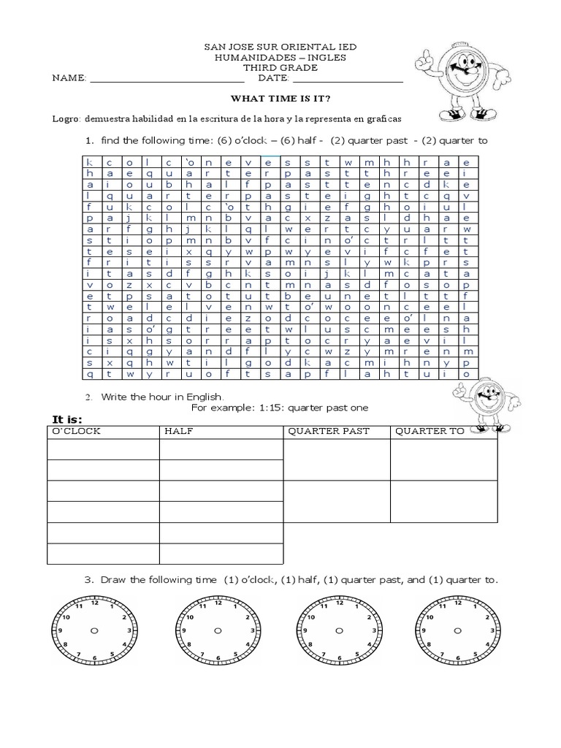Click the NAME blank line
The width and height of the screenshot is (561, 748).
167,79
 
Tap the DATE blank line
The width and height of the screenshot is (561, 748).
347,79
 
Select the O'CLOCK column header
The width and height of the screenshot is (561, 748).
75,431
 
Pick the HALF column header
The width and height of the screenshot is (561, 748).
178,431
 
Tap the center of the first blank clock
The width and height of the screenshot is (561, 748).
94,630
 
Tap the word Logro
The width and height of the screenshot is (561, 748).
65,118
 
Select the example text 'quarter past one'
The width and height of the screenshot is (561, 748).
327,408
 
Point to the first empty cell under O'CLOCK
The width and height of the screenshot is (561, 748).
103,449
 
